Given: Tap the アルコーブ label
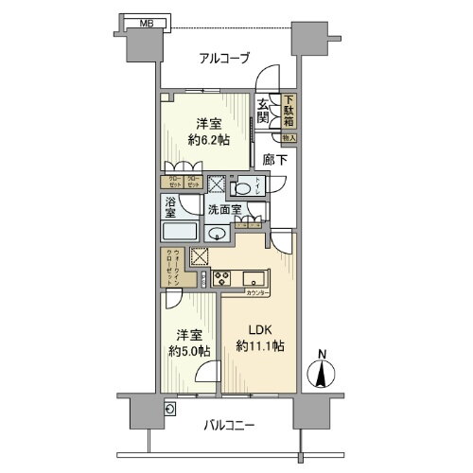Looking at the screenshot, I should tap(224, 59).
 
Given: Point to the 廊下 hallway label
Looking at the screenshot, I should tap(273, 162).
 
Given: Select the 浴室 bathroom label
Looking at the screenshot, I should tap(170, 209).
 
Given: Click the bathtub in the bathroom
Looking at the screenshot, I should tap(181, 233).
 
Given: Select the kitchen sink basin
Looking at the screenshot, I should tap(254, 278).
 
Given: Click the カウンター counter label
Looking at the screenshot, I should tap(256, 293).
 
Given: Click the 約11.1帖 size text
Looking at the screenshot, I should tap(258, 346).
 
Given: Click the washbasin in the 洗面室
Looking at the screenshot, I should tap(217, 236).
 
